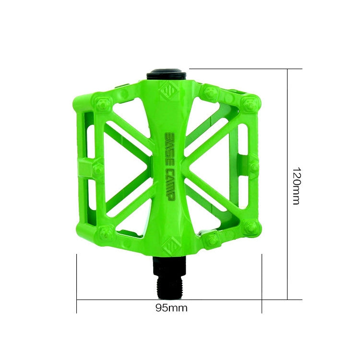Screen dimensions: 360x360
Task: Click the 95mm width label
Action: [x=171, y=308]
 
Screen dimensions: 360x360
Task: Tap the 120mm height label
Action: [x=296, y=186]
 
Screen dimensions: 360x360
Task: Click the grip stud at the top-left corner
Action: [x=103, y=103]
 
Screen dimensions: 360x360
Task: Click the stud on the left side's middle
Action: [x=98, y=168]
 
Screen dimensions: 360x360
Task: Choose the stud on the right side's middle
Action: [x=254, y=167]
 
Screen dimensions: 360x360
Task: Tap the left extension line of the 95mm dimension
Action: [x=77, y=283]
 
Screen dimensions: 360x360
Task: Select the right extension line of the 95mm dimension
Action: [x=262, y=283]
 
